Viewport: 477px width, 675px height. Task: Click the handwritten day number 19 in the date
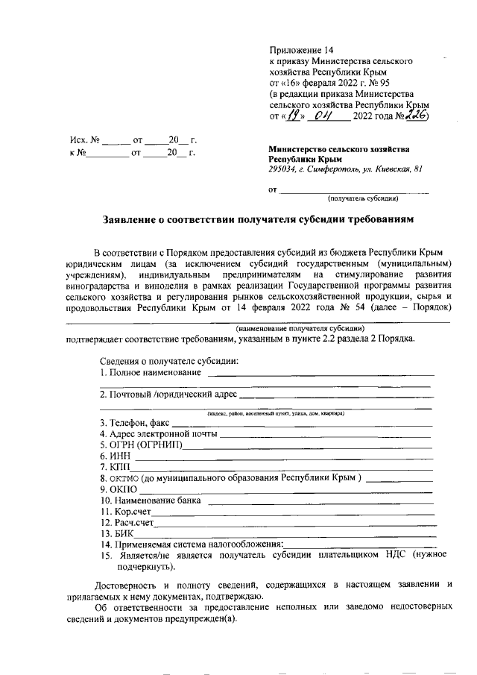point(296,116)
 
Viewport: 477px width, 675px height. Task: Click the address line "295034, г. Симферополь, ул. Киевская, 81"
point(346,170)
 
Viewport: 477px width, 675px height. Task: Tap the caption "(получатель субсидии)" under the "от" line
point(363,199)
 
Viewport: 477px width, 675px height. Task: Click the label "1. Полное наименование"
point(151,372)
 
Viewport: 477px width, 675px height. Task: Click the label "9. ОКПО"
point(118,489)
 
